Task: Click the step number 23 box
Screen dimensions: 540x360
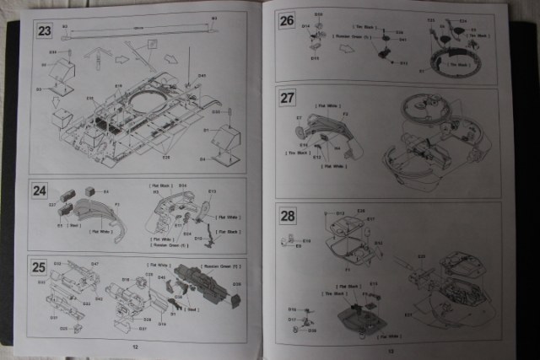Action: tap(45, 32)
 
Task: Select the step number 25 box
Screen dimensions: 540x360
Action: tap(40, 268)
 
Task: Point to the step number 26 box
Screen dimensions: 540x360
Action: tap(287, 21)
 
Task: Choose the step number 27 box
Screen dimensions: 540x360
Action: tap(287, 98)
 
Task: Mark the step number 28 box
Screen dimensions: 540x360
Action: tap(288, 215)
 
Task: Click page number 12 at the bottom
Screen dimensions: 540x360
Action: tap(134, 346)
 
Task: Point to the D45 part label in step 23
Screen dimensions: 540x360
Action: tap(202, 76)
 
